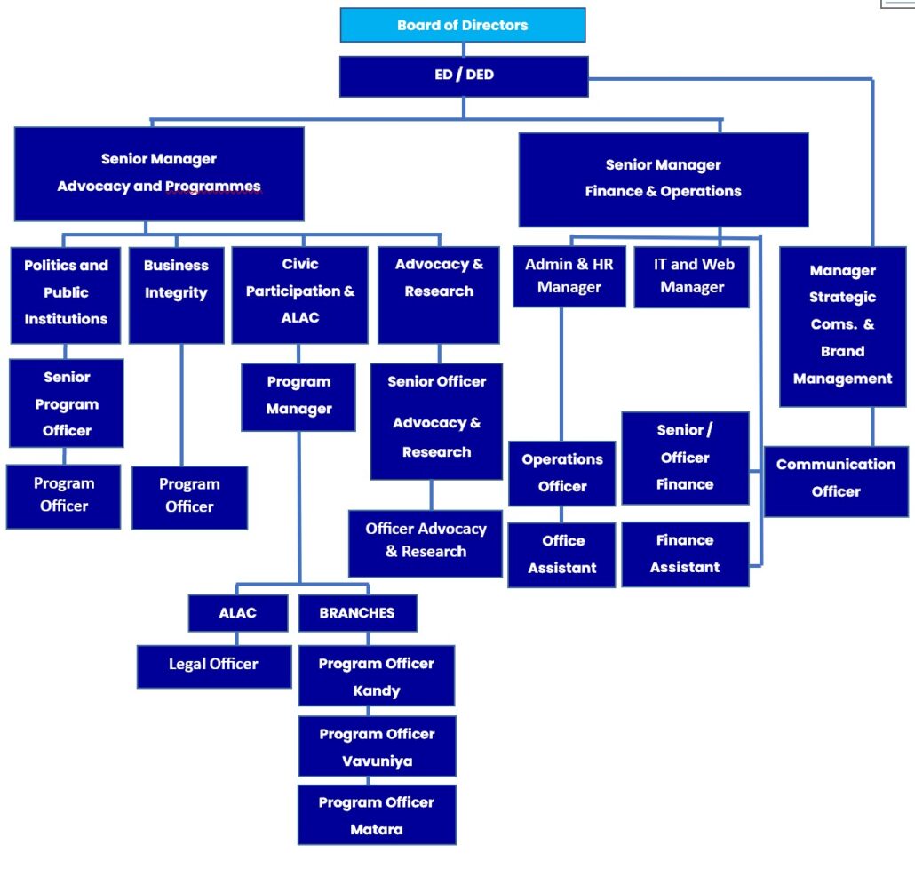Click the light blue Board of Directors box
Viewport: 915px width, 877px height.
coord(463,25)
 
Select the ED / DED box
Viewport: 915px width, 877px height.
coord(464,76)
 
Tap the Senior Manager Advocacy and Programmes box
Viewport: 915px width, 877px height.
coord(159,173)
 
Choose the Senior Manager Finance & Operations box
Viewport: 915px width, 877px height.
coord(663,179)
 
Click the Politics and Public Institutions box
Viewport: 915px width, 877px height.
coord(66,293)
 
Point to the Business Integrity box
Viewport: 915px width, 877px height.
coord(176,293)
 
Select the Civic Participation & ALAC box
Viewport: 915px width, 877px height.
coord(299,293)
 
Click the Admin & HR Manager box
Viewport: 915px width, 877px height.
coord(569,276)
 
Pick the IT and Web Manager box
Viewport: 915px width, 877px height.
coord(691,276)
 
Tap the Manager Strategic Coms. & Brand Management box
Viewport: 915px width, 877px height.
coord(842,325)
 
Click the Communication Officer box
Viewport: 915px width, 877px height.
coord(836,479)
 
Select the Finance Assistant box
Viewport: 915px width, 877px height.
coord(685,554)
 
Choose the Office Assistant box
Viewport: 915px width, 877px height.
coord(561,554)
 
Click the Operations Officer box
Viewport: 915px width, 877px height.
coord(561,473)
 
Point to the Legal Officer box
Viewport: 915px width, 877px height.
coord(213,666)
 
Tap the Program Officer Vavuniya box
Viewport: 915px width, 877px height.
coord(377,747)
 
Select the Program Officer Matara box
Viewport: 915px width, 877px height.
coord(377,816)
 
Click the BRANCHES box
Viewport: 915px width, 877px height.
coord(357,613)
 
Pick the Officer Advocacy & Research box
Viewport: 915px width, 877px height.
coord(426,541)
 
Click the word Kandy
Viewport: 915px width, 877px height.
coord(377,691)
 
